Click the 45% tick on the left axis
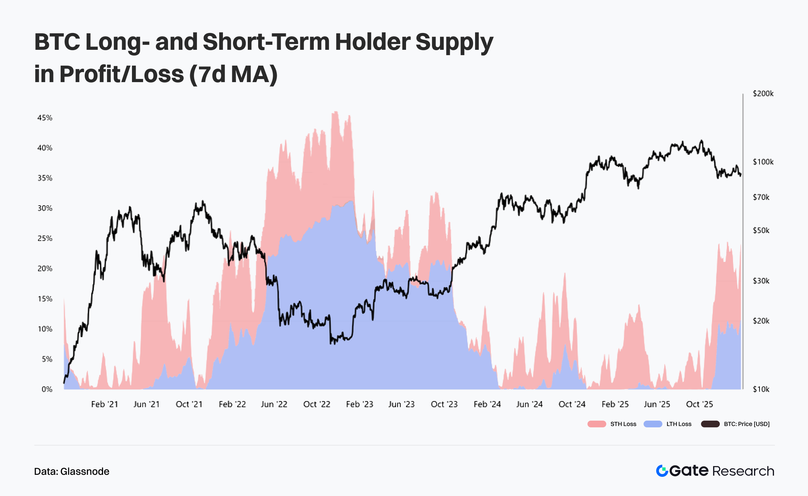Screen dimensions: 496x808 45,118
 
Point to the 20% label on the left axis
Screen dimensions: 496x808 45,269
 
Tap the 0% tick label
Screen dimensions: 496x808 47,389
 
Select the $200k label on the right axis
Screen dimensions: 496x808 763,94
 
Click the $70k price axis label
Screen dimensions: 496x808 761,197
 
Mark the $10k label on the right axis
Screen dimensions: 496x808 761,389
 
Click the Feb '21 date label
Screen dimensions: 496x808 105,404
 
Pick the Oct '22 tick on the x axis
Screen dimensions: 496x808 317,404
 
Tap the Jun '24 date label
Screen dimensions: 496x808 530,404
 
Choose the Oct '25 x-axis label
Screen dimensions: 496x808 700,404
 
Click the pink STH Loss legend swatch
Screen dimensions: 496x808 597,424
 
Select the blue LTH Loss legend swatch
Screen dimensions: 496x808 653,424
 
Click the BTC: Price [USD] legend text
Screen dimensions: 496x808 747,424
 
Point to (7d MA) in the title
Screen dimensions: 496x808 233,74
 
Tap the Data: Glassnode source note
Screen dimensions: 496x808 72,471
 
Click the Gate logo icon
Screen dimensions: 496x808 662,471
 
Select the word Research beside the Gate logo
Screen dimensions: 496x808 743,471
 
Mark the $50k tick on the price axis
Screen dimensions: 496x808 761,231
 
